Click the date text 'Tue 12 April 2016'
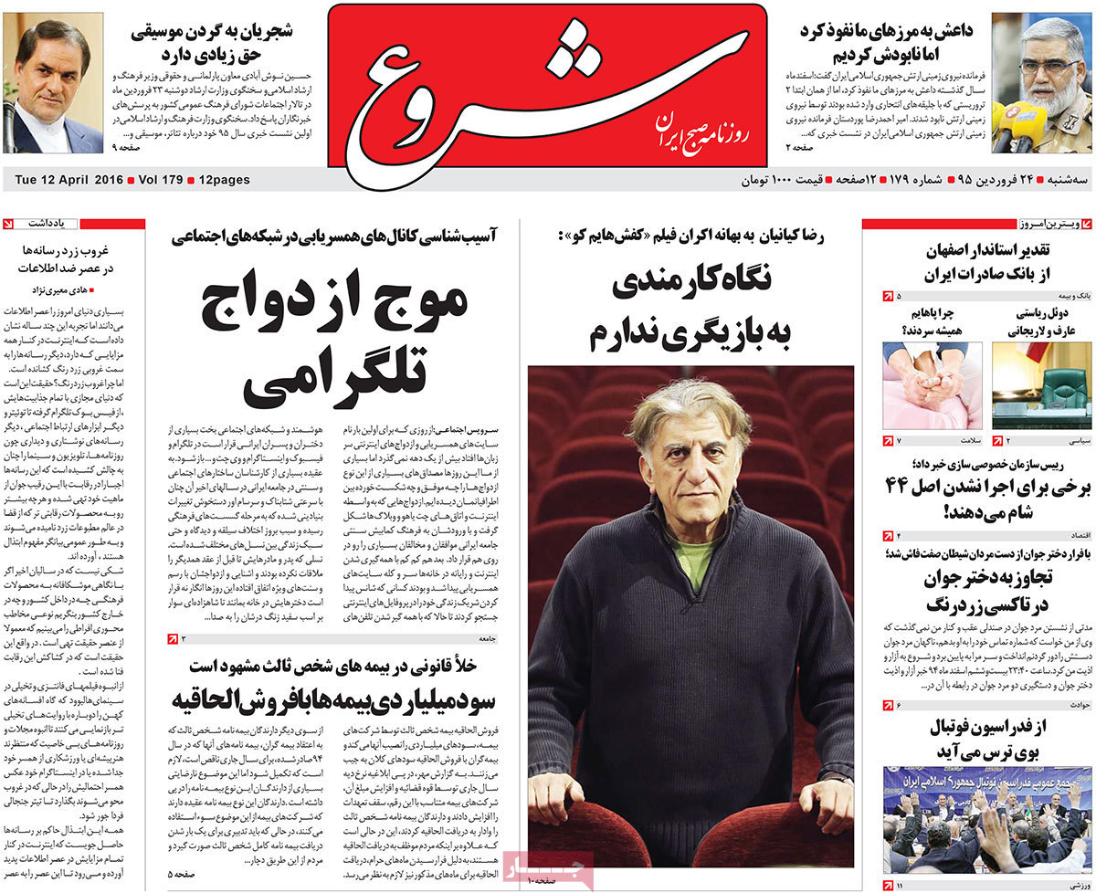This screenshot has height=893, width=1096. tap(61, 180)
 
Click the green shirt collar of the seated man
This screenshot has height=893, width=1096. tap(695, 561)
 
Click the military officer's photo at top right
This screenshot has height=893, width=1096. tap(1041, 82)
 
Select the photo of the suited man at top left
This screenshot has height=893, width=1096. tap(53, 82)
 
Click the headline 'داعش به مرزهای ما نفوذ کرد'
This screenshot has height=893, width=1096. tap(885, 30)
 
